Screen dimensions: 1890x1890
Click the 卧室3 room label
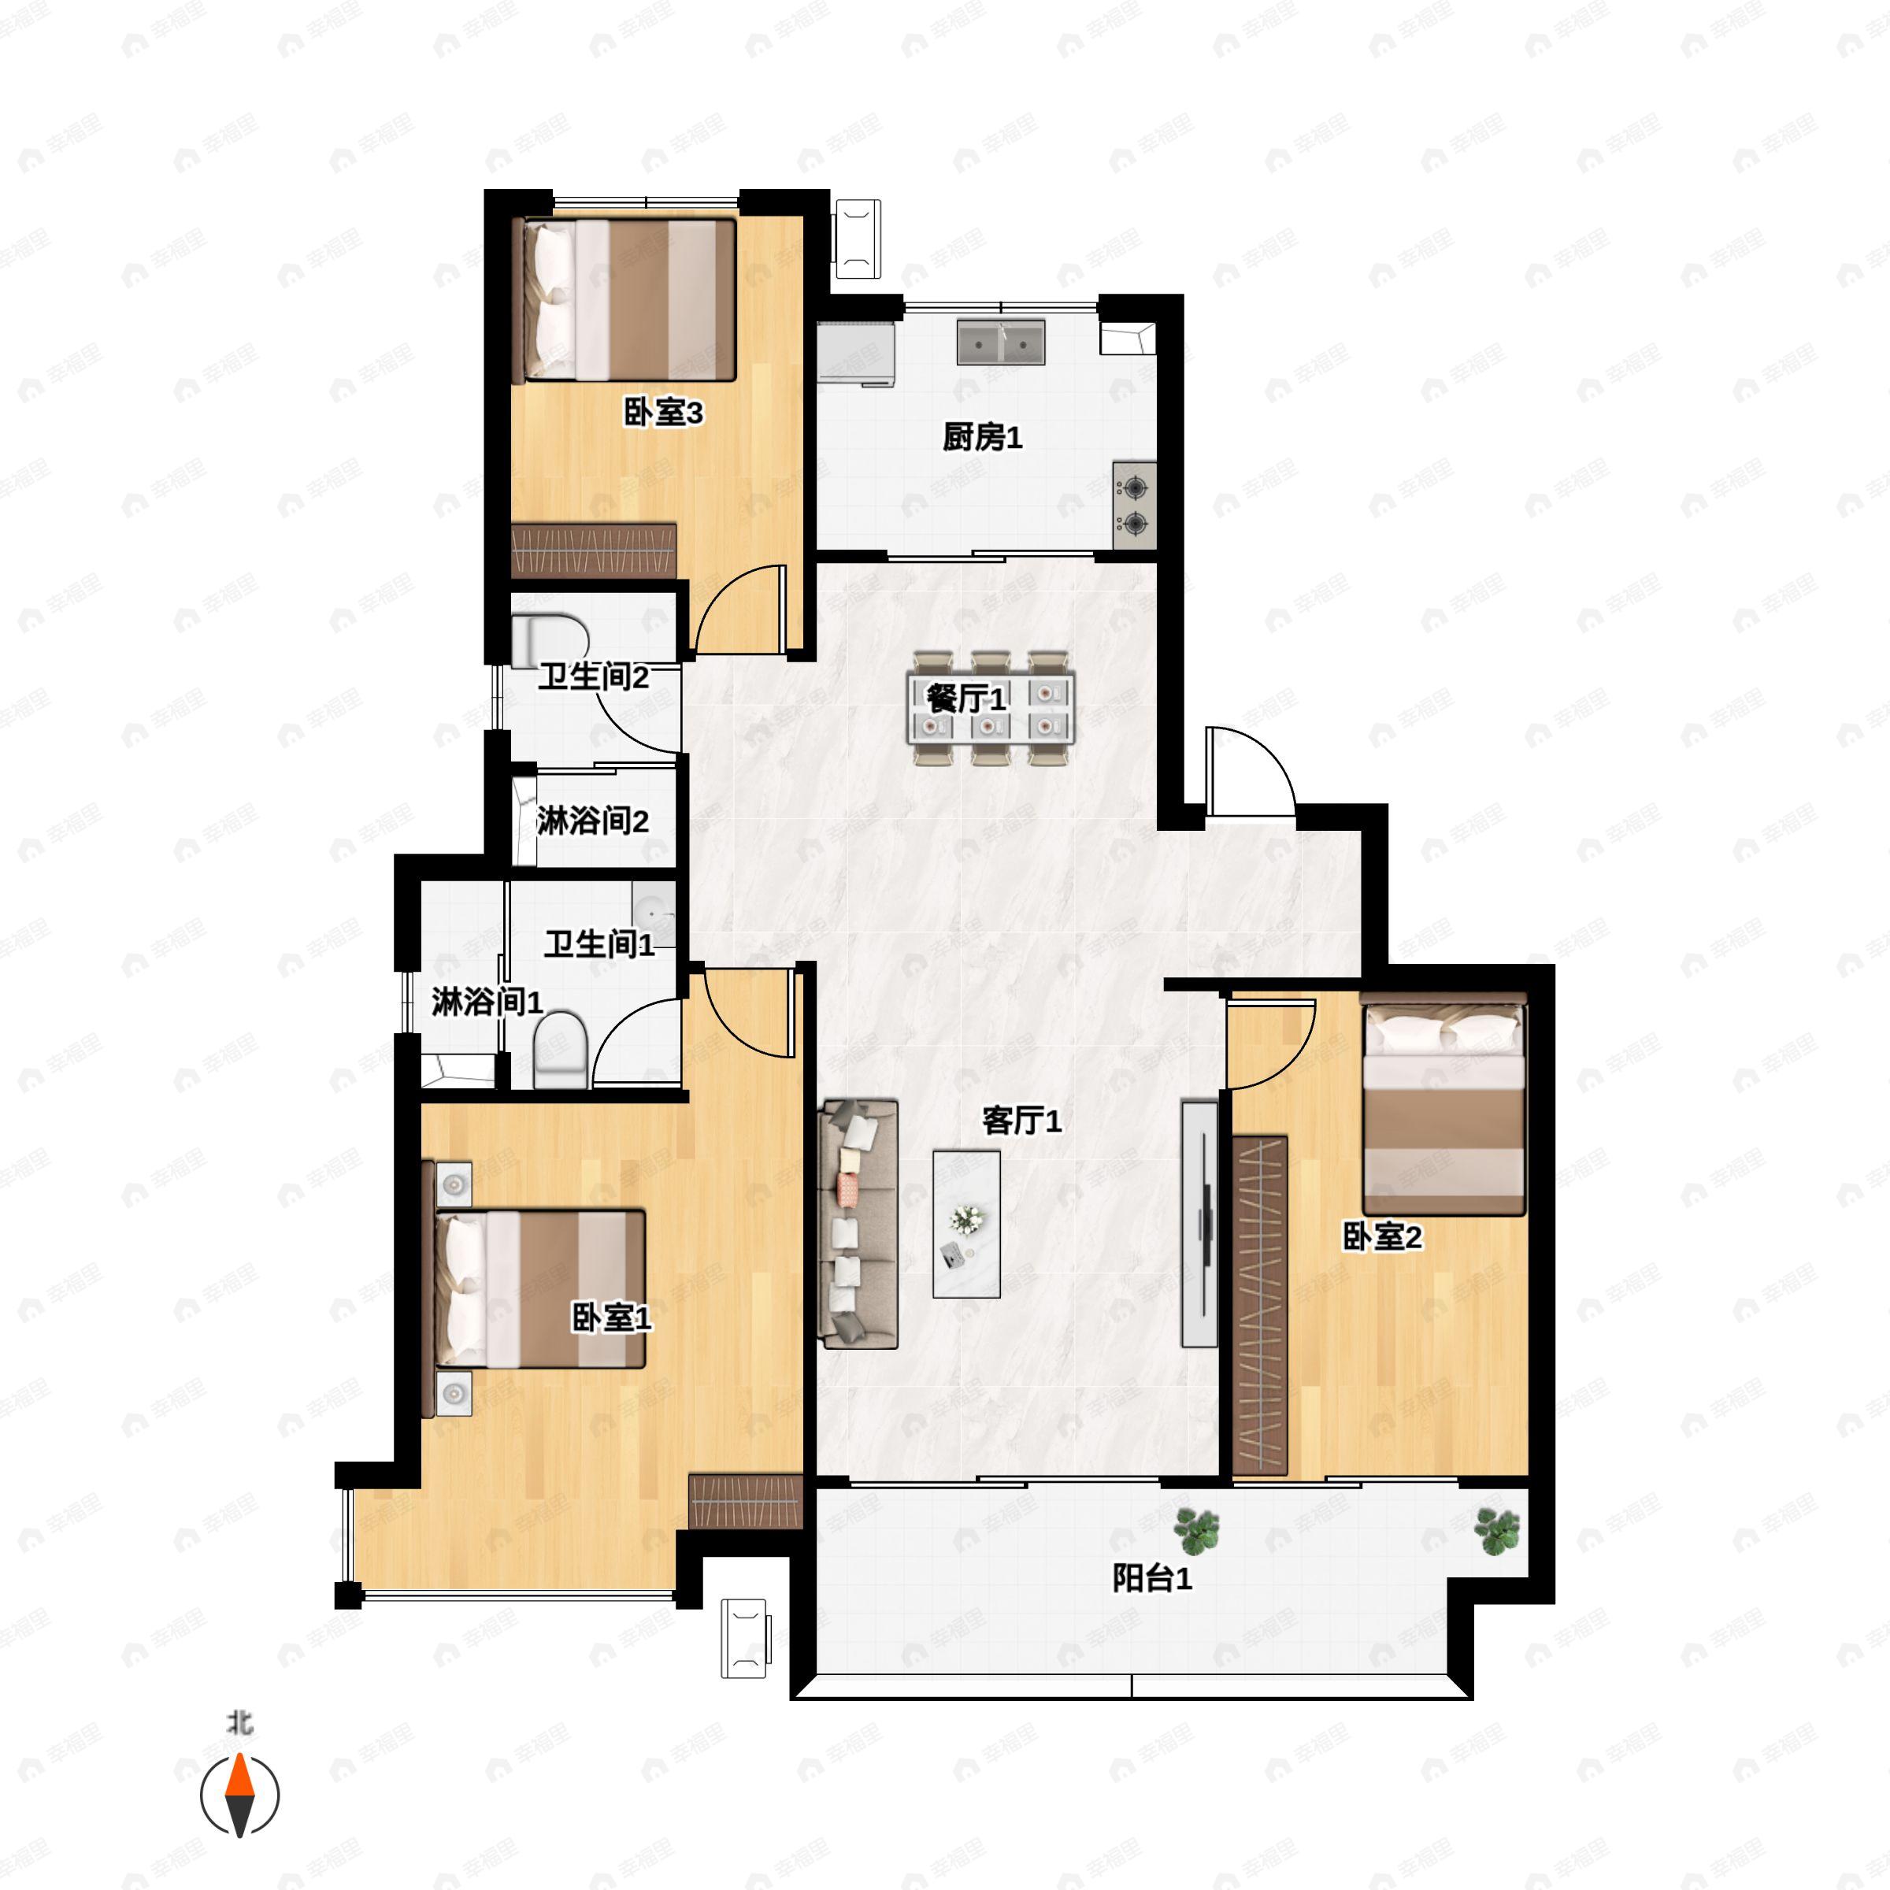click(663, 413)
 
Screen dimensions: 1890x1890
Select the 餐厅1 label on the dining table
click(965, 699)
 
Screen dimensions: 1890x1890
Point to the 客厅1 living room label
click(1021, 1120)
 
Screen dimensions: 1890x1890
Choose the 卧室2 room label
click(1382, 1236)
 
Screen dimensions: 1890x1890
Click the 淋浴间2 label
click(593, 821)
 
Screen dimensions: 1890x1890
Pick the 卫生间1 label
click(599, 944)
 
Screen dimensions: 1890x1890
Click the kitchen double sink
click(1001, 342)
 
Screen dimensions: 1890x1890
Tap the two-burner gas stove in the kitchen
click(1135, 505)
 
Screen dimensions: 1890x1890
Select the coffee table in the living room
click(966, 1224)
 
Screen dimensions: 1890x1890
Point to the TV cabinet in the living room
click(1199, 1223)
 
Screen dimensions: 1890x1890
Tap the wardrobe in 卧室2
click(1260, 1306)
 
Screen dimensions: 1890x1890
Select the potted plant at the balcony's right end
click(1497, 1531)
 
